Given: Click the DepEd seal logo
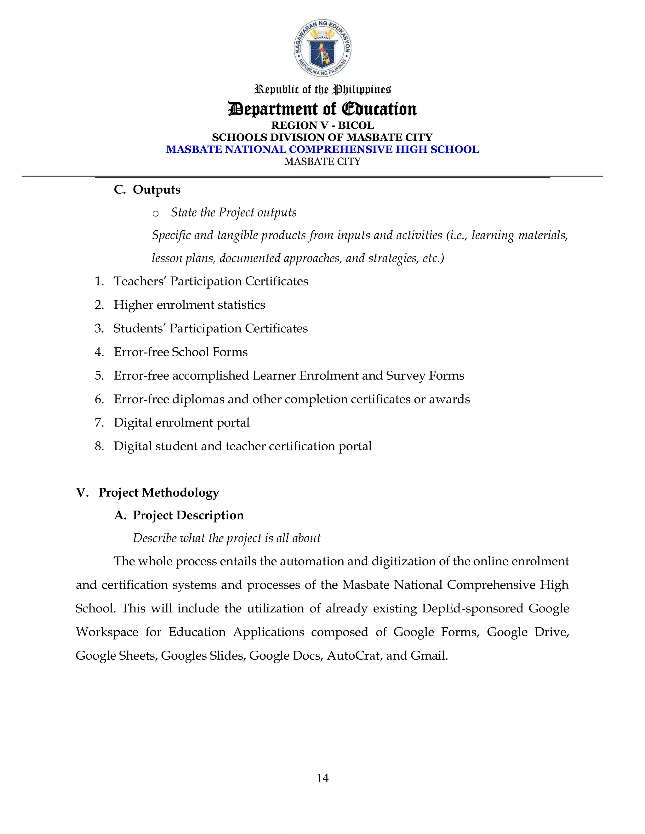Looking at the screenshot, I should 322,48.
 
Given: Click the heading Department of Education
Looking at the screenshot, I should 322,109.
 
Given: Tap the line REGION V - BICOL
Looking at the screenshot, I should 322,125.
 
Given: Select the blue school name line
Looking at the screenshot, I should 322,149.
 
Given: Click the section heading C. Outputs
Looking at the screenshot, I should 147,189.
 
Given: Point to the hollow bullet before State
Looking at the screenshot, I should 156,213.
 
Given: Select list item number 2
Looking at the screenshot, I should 99,305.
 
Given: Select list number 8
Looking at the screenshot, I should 99,446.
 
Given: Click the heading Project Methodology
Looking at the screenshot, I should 159,493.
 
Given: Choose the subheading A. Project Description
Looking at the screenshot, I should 179,516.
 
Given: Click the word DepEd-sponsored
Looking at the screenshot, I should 473,608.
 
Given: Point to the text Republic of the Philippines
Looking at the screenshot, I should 322,89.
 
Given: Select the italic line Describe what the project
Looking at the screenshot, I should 226,538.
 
